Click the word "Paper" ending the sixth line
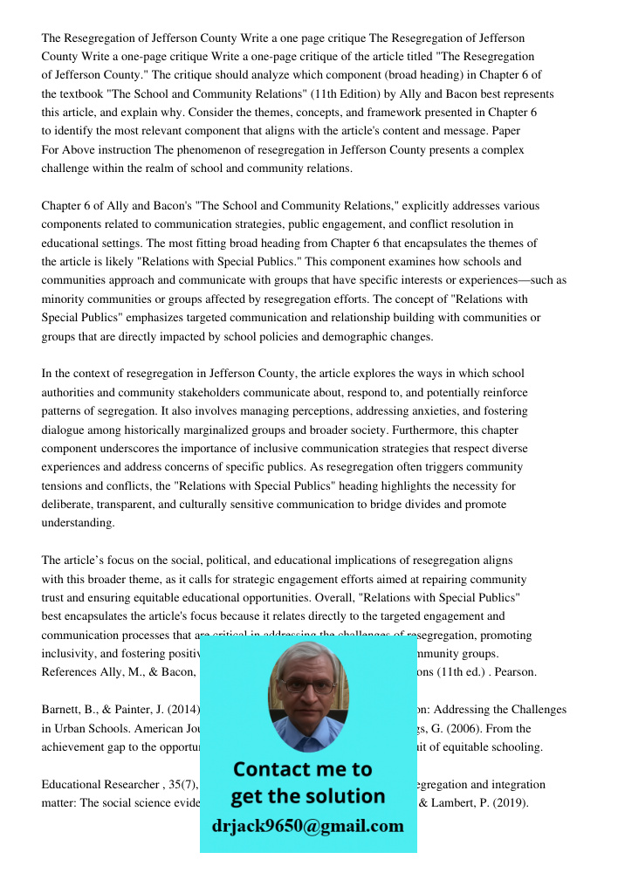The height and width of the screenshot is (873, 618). point(505,131)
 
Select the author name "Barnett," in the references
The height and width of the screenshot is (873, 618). point(61,710)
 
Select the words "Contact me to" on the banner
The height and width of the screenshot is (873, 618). point(302,769)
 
